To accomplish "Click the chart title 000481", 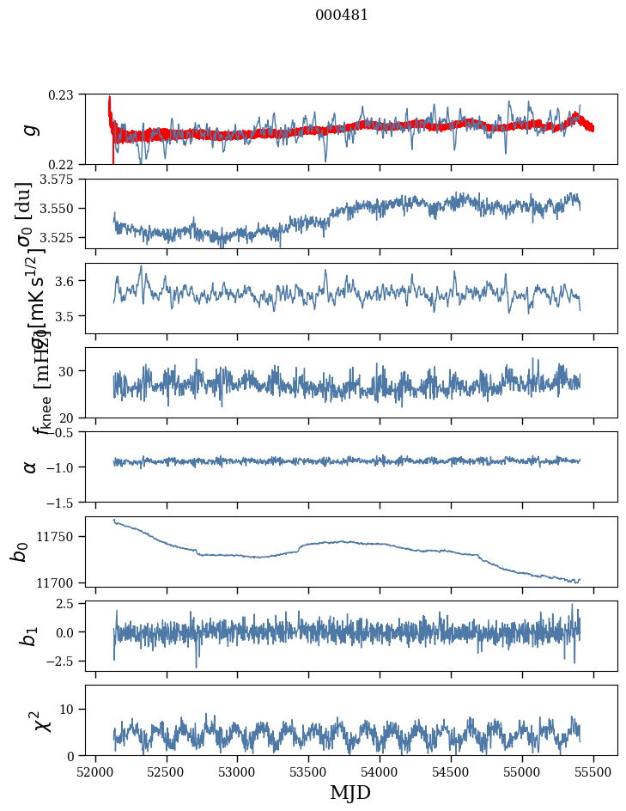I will tap(342, 15).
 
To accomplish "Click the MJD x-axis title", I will tap(350, 793).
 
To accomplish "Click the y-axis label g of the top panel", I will tap(30, 129).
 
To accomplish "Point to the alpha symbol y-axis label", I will tap(30, 466).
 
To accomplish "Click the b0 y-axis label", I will tap(19, 552).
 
